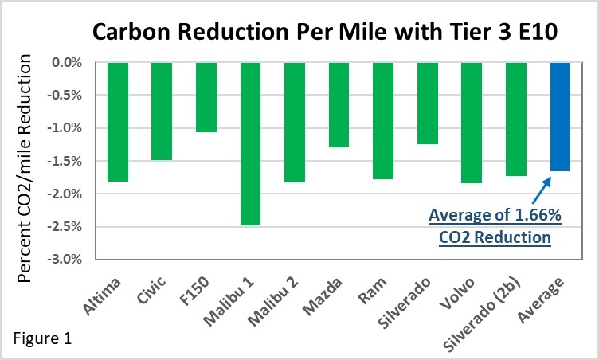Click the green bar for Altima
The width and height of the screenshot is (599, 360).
coord(118,122)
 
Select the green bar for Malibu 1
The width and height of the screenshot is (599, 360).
coord(251,143)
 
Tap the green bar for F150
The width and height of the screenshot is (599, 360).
coord(206,97)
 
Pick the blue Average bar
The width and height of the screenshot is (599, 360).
coord(561,116)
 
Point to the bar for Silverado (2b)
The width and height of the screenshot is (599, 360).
coord(516,119)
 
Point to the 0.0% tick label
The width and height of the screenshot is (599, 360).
coord(69,62)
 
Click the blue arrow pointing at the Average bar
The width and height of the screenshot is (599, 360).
coord(534,191)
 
